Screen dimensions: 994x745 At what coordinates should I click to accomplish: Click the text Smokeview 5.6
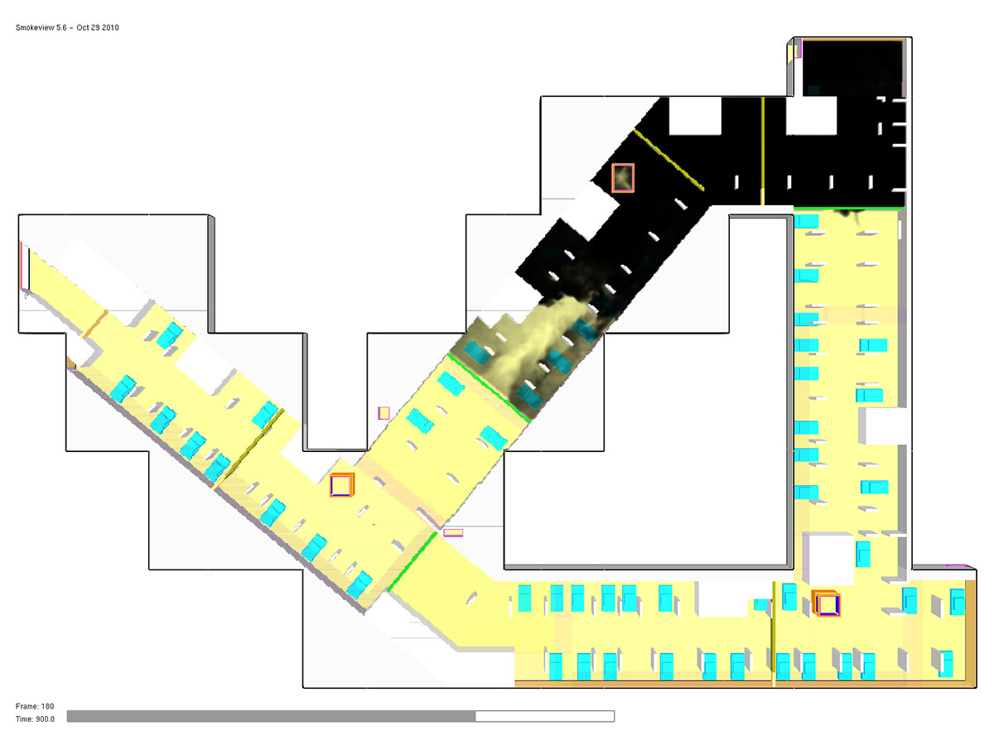click(41, 27)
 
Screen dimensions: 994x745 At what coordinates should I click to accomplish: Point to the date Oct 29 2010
click(98, 27)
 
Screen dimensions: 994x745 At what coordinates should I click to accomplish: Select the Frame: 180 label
click(35, 706)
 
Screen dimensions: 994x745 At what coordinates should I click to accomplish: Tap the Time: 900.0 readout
click(35, 719)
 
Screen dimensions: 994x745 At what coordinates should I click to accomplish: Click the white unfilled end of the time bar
click(545, 716)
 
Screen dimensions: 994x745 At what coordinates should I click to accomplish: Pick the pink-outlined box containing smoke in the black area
click(623, 178)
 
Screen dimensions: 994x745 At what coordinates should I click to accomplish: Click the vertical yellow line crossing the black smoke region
click(763, 151)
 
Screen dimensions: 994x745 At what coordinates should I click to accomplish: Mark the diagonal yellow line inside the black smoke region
click(668, 160)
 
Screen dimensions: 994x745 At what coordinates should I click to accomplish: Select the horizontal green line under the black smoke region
click(849, 208)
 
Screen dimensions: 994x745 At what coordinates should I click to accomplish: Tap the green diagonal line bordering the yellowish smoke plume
click(489, 388)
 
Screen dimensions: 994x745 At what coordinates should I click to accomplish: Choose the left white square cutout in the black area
click(695, 116)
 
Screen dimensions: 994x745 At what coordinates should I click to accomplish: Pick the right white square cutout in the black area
click(811, 116)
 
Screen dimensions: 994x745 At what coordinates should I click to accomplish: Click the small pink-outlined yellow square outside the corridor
click(384, 413)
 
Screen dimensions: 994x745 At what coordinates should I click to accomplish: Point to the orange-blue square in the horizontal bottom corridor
click(827, 604)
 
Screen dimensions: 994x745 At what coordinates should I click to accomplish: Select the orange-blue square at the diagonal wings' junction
click(342, 485)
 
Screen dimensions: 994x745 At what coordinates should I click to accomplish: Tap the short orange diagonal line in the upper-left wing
click(95, 324)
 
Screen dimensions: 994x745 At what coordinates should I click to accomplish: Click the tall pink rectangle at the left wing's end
click(25, 266)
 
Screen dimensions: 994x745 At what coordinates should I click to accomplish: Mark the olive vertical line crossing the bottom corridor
click(774, 633)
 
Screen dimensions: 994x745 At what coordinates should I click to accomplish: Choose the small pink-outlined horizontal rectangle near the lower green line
click(453, 533)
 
